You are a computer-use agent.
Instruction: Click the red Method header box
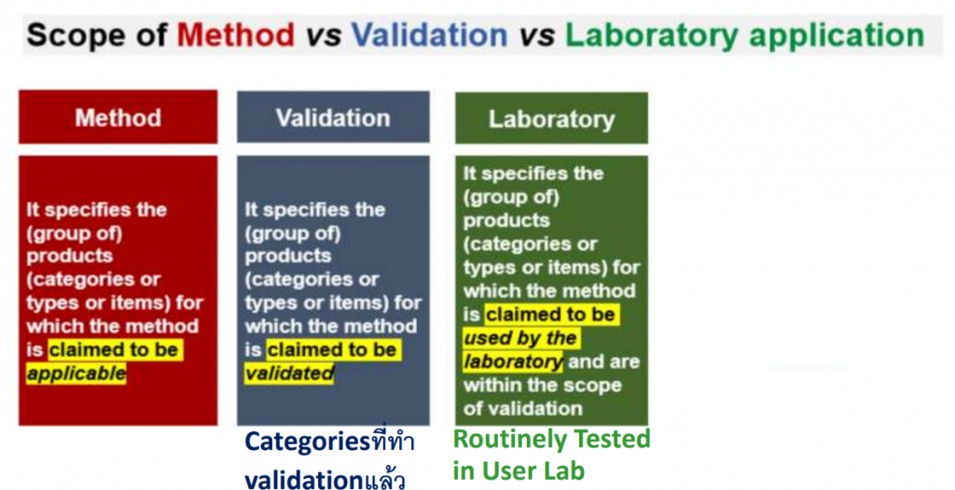[118, 116]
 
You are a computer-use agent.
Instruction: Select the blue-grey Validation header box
[333, 116]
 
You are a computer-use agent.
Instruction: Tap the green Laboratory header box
[551, 118]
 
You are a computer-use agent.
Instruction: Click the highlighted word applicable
[76, 374]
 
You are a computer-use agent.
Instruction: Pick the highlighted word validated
[290, 374]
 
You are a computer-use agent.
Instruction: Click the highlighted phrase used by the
[519, 338]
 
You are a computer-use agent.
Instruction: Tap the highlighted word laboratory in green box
[513, 361]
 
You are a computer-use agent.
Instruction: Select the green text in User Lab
[519, 470]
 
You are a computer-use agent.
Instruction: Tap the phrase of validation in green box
[522, 408]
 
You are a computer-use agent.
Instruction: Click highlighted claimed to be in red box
[116, 350]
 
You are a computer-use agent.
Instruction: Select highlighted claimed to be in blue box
[334, 350]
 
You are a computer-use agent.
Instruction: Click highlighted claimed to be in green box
[552, 315]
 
